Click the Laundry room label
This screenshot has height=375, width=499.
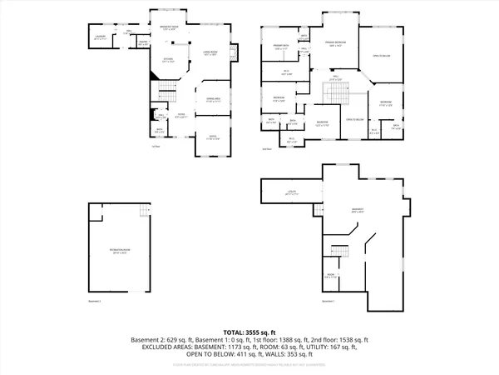(x=99, y=37)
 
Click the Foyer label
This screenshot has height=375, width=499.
(x=180, y=117)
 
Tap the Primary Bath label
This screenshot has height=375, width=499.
(x=280, y=47)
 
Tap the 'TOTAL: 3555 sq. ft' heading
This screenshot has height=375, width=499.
(x=249, y=331)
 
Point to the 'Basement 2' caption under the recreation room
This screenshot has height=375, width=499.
(x=94, y=301)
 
